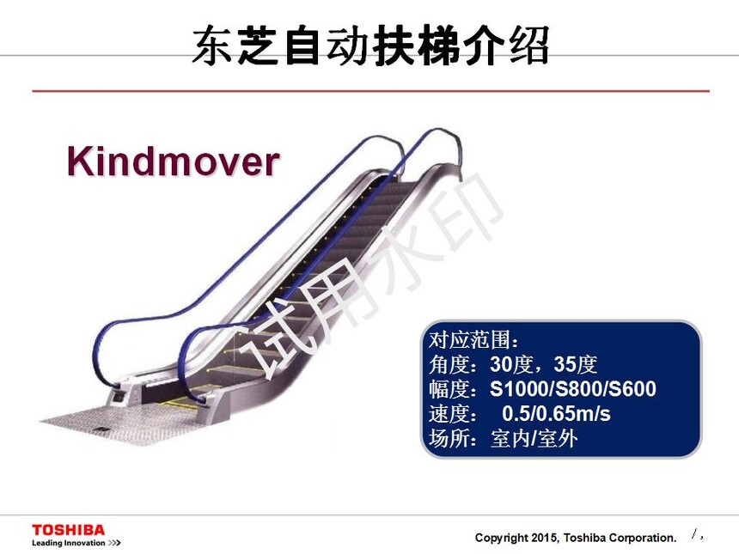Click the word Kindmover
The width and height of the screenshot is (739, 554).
(x=173, y=161)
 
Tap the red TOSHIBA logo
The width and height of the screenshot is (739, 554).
(x=69, y=530)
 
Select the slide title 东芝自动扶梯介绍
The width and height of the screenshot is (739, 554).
(x=371, y=46)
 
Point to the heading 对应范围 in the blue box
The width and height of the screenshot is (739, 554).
(x=469, y=339)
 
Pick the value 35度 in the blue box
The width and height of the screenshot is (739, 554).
(x=576, y=364)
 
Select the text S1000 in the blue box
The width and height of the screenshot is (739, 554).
(x=519, y=388)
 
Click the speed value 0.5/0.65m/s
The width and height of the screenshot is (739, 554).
(x=556, y=414)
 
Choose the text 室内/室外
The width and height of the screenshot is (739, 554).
(x=534, y=439)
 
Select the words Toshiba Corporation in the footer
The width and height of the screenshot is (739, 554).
(x=620, y=538)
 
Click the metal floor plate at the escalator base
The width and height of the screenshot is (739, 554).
(x=118, y=424)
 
